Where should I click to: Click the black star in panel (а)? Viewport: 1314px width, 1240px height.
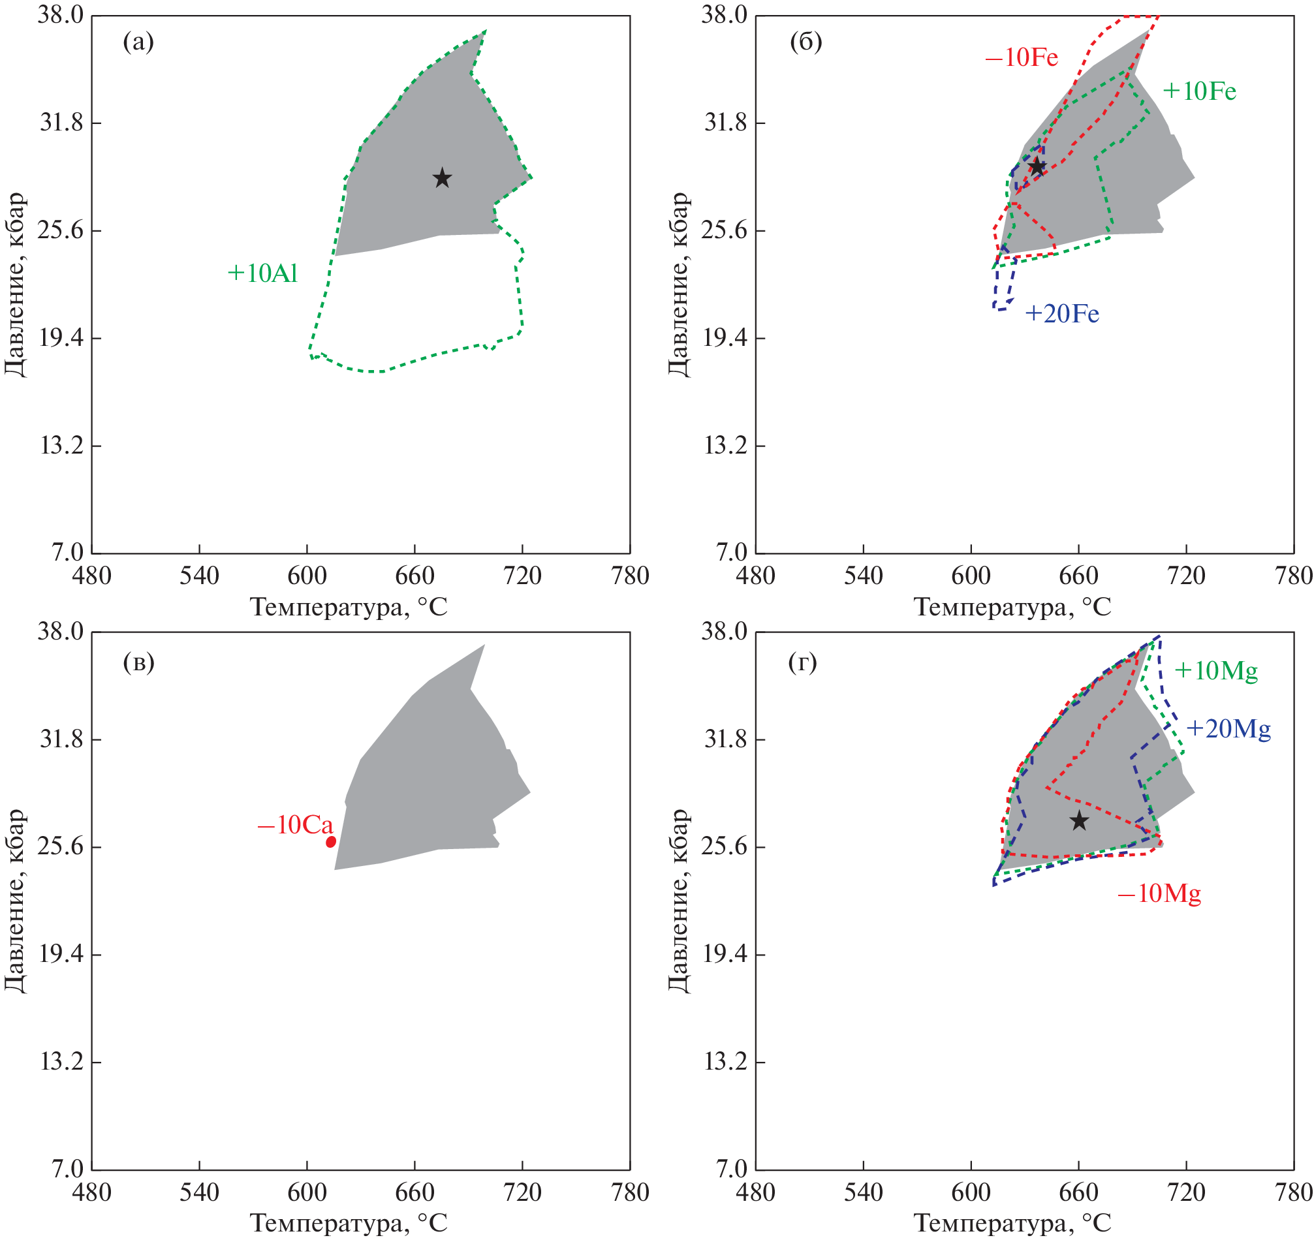[442, 178]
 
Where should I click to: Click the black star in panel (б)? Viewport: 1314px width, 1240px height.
[1037, 166]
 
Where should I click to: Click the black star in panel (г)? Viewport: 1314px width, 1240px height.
[1080, 820]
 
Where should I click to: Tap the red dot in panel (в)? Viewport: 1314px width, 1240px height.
[330, 841]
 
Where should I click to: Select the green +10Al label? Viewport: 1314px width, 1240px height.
[262, 273]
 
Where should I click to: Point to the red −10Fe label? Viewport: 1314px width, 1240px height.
[1021, 58]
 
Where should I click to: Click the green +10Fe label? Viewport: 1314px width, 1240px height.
[1199, 91]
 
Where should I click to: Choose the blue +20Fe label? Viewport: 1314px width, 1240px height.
[1061, 314]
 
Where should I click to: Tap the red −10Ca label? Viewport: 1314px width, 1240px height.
[296, 825]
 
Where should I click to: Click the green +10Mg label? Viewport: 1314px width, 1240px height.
[1215, 671]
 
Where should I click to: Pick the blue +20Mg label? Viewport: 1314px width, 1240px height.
[1228, 729]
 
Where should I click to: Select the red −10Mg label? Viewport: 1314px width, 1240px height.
[1159, 893]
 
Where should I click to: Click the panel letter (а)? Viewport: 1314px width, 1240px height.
[138, 42]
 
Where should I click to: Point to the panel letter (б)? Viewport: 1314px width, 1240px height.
[806, 42]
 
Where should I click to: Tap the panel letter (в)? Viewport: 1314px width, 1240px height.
[138, 662]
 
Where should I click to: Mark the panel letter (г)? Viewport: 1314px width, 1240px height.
[802, 662]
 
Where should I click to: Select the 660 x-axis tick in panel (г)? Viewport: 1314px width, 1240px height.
[1079, 1192]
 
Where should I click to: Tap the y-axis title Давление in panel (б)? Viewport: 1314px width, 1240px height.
[679, 285]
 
